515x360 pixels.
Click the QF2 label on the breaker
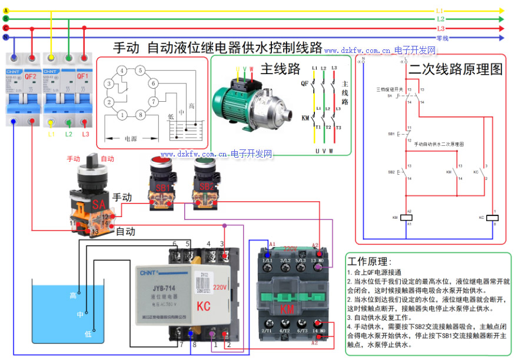pyautogui.click(x=31, y=76)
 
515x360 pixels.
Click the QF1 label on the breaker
pyautogui.click(x=82, y=76)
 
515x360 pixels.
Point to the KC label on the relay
pyautogui.click(x=204, y=306)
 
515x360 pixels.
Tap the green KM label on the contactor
pyautogui.click(x=288, y=309)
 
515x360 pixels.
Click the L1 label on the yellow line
pyautogui.click(x=439, y=11)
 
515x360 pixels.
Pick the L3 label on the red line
pyautogui.click(x=440, y=28)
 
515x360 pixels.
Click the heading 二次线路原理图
pyautogui.click(x=456, y=69)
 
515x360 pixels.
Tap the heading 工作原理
pyautogui.click(x=369, y=261)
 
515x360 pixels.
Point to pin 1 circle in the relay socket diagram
pyautogui.click(x=122, y=115)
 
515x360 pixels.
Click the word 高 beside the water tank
pyautogui.click(x=74, y=295)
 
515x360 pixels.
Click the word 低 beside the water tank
pyautogui.click(x=88, y=334)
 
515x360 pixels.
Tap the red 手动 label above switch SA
pyautogui.click(x=74, y=159)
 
